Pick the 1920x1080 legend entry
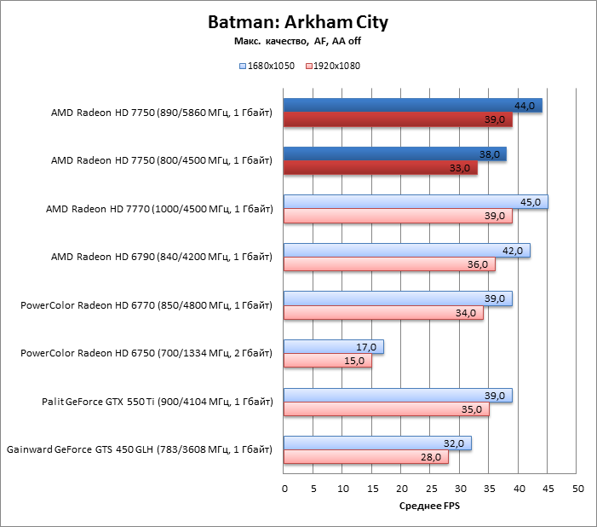pos(332,66)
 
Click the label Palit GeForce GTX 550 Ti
pos(158,402)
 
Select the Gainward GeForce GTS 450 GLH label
pos(139,450)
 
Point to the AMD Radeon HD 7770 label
pos(159,209)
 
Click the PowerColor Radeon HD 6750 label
pos(146,354)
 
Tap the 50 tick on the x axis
pos(577,489)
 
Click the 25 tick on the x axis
pos(431,489)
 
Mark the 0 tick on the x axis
pos(284,489)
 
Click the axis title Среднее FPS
pos(431,507)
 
